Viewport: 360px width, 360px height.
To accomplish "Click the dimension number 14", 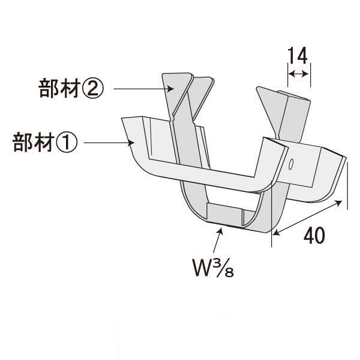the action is tap(298, 56).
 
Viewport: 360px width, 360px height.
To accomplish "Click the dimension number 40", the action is tap(314, 236).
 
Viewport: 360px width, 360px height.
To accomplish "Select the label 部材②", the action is tap(71, 88).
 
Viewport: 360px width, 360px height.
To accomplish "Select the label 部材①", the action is tap(45, 142).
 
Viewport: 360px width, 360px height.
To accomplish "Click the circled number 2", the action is tap(94, 89).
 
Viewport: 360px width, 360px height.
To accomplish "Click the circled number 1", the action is tap(68, 142).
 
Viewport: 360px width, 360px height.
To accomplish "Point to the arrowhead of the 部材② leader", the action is tap(170, 89).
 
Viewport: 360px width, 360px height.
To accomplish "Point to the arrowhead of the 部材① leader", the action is tap(131, 143).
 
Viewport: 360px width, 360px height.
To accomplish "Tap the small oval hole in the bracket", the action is tap(290, 164).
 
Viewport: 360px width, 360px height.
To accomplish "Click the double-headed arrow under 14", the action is tap(298, 74).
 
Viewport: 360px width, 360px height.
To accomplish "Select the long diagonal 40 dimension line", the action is tap(308, 218).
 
